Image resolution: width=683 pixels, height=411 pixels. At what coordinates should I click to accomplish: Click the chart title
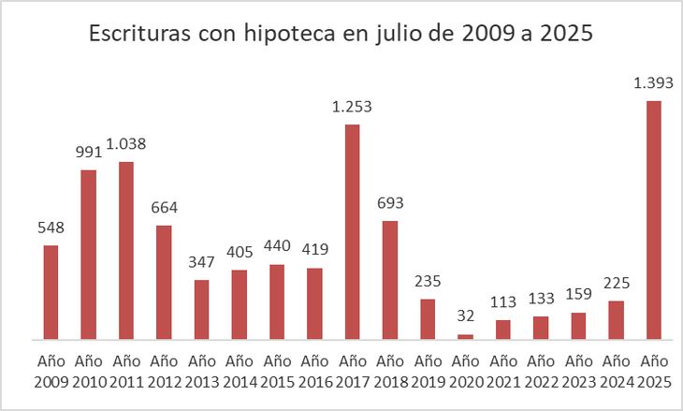[x=341, y=35]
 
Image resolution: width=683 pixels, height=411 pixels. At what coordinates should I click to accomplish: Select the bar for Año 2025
[x=653, y=220]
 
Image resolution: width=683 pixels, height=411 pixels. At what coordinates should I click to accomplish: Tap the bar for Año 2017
[x=352, y=231]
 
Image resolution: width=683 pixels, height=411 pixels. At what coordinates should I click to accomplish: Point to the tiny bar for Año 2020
[x=465, y=336]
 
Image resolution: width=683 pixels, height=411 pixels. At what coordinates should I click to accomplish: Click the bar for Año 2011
[x=126, y=250]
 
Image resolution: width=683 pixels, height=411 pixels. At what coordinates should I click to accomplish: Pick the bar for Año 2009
[x=51, y=292]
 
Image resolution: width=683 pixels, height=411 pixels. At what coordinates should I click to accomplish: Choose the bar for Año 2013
[x=201, y=309]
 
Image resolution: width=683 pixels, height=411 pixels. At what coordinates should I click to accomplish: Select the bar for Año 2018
[x=390, y=280]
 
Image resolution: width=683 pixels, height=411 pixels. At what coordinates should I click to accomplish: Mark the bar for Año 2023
[x=578, y=326]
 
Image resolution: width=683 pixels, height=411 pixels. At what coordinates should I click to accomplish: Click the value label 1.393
[x=653, y=83]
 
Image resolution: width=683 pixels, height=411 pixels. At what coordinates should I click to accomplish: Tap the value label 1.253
[x=352, y=107]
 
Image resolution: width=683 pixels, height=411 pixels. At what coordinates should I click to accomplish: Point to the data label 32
[x=465, y=316]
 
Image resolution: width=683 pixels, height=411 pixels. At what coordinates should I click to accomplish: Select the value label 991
[x=88, y=153]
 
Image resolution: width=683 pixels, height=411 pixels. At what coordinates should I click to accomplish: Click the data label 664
[x=164, y=208]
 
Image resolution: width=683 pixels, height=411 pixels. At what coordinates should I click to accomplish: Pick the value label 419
[x=314, y=250]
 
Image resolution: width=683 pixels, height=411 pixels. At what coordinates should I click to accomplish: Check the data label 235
[x=428, y=281]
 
